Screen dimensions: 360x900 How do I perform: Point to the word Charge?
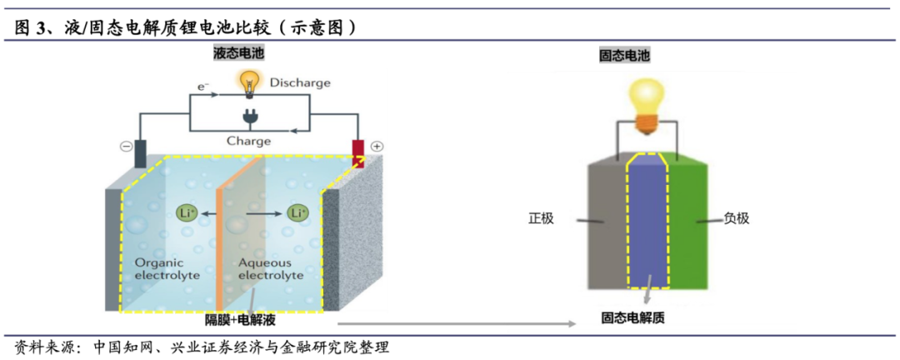[248, 141]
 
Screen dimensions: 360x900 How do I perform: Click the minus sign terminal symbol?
[127, 147]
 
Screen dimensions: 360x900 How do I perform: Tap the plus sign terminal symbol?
[376, 147]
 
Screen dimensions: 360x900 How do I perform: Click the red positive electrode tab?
[357, 153]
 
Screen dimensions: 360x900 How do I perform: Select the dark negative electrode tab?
[141, 153]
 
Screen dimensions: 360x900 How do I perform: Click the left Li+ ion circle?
[187, 213]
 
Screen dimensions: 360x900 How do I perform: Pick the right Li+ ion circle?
[297, 213]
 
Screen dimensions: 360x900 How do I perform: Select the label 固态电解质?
[635, 317]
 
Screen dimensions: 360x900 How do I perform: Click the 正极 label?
[541, 219]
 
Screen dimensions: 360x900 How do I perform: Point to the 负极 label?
[736, 219]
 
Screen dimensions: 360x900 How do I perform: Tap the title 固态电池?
[625, 55]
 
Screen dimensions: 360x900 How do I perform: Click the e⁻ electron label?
[202, 86]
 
